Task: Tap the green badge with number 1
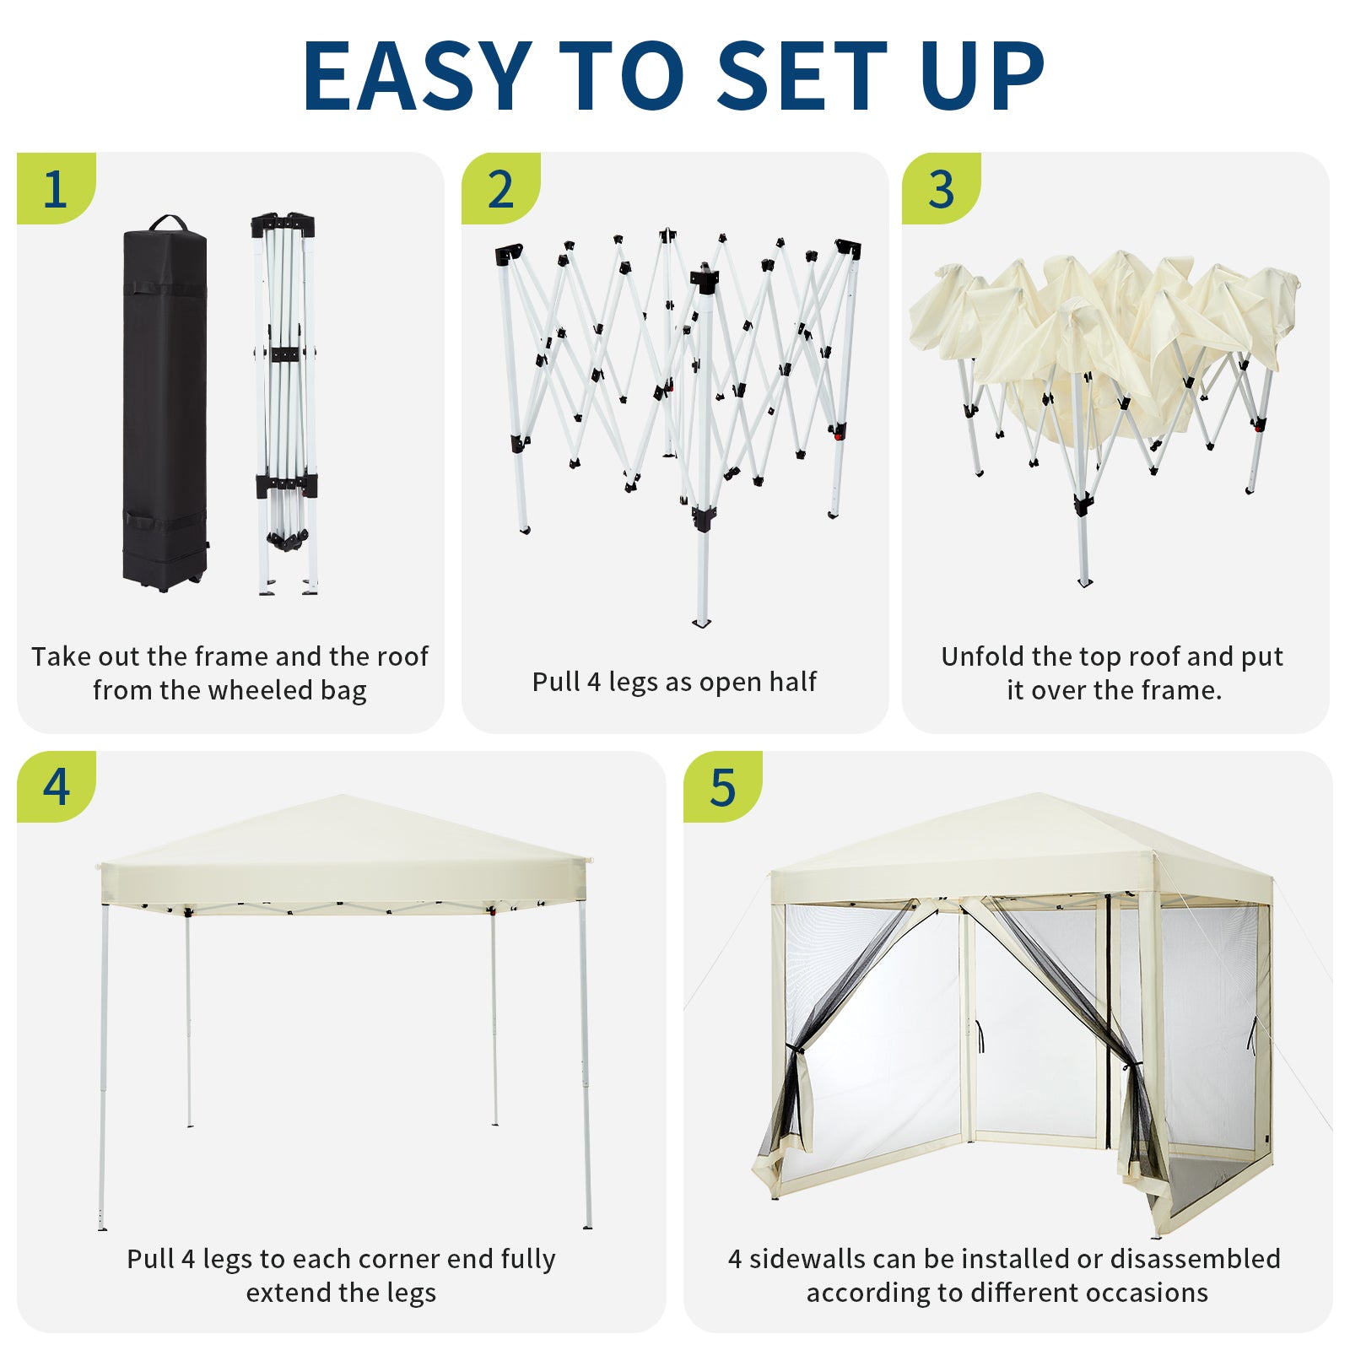pyautogui.click(x=56, y=188)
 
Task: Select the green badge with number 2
pyautogui.click(x=500, y=188)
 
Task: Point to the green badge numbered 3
pyautogui.click(x=941, y=188)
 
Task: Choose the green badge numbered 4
pyautogui.click(x=56, y=786)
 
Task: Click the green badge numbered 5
pyautogui.click(x=722, y=786)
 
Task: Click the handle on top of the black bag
pyautogui.click(x=169, y=222)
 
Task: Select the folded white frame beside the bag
pyautogui.click(x=285, y=403)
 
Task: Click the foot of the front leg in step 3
pyautogui.click(x=1085, y=581)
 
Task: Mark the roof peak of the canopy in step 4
pyautogui.click(x=342, y=796)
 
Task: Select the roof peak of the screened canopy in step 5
pyautogui.click(x=1037, y=795)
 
